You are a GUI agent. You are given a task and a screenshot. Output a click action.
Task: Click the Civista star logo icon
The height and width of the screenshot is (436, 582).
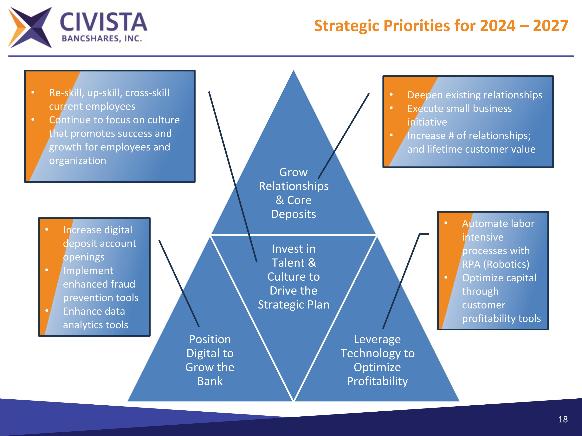coord(30,28)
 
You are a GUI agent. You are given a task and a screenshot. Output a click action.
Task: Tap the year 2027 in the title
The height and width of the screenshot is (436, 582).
coord(550,26)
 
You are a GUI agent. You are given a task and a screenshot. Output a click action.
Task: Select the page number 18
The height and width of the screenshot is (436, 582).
coord(563,419)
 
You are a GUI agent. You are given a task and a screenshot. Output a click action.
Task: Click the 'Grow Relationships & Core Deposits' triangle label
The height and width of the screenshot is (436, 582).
coord(294,193)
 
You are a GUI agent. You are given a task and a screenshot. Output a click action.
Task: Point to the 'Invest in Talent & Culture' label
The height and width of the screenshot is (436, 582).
coord(294,277)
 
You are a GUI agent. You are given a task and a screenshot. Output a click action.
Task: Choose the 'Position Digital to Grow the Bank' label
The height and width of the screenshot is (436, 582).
coord(210,360)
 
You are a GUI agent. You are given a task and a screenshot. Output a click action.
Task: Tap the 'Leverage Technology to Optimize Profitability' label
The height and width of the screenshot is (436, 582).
coord(378,360)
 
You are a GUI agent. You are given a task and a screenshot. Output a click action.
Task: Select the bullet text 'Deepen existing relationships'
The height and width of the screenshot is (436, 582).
coord(475,95)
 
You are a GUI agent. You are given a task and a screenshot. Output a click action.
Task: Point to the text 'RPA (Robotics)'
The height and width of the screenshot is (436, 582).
coord(496,264)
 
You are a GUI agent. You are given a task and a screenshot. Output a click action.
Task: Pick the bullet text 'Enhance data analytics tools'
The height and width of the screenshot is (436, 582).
coord(95,318)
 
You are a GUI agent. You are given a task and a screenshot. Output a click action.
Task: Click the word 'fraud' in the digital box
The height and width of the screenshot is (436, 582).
coord(123,284)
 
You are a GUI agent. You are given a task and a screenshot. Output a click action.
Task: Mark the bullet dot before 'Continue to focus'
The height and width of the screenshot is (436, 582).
coord(33,120)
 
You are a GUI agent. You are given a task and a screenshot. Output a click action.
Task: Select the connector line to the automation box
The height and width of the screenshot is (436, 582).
coord(401,281)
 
